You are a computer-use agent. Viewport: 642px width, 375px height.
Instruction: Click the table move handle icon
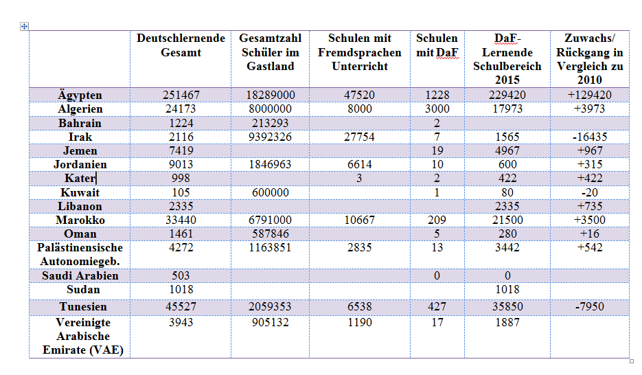click(x=24, y=27)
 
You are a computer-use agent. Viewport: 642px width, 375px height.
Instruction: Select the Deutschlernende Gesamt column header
click(x=181, y=45)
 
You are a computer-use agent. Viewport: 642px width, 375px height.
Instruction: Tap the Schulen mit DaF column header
click(x=437, y=45)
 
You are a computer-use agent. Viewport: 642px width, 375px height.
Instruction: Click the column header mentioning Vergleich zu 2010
click(x=590, y=58)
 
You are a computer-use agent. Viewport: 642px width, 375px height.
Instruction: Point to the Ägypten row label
click(x=80, y=95)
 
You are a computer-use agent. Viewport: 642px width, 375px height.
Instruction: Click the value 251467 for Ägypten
click(x=181, y=95)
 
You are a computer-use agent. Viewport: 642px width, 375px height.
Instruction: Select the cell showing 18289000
click(x=271, y=95)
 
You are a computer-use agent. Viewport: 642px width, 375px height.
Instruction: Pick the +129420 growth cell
click(x=590, y=95)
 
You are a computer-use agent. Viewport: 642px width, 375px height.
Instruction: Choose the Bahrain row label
click(x=80, y=123)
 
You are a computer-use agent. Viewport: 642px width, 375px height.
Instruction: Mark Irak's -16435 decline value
click(x=590, y=137)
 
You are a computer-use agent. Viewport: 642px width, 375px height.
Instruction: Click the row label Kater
click(x=80, y=178)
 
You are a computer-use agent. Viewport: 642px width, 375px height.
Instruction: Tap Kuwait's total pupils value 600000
click(x=271, y=192)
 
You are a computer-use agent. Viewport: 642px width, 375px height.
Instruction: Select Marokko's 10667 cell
click(x=360, y=220)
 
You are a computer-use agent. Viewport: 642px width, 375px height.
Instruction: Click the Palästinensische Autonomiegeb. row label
click(x=80, y=254)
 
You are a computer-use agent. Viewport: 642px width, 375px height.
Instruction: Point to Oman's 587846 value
click(x=271, y=234)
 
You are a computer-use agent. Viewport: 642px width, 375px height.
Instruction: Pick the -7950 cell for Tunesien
click(x=590, y=306)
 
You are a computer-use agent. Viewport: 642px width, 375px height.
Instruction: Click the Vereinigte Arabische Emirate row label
click(x=83, y=336)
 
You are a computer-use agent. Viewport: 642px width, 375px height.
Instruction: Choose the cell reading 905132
click(x=271, y=322)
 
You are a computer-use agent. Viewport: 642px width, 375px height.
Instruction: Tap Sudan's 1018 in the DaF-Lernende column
click(x=507, y=289)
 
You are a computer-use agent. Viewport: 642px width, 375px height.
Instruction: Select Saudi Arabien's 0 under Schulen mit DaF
click(x=437, y=275)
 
